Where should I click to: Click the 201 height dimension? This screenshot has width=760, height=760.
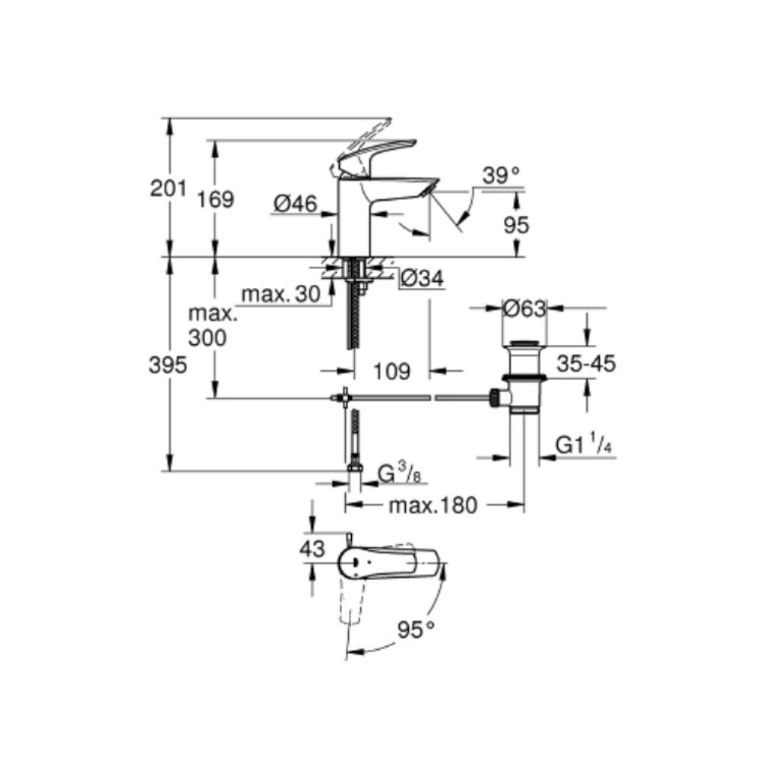coord(168,189)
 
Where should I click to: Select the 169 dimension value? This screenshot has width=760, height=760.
coord(216,200)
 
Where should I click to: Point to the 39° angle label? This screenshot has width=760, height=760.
coord(502,176)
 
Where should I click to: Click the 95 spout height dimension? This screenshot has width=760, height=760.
coord(517,224)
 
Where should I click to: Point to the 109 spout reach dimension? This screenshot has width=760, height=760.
coord(392,371)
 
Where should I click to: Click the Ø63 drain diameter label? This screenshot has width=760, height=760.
coord(524,309)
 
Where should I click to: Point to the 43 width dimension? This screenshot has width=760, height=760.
coord(312,548)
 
